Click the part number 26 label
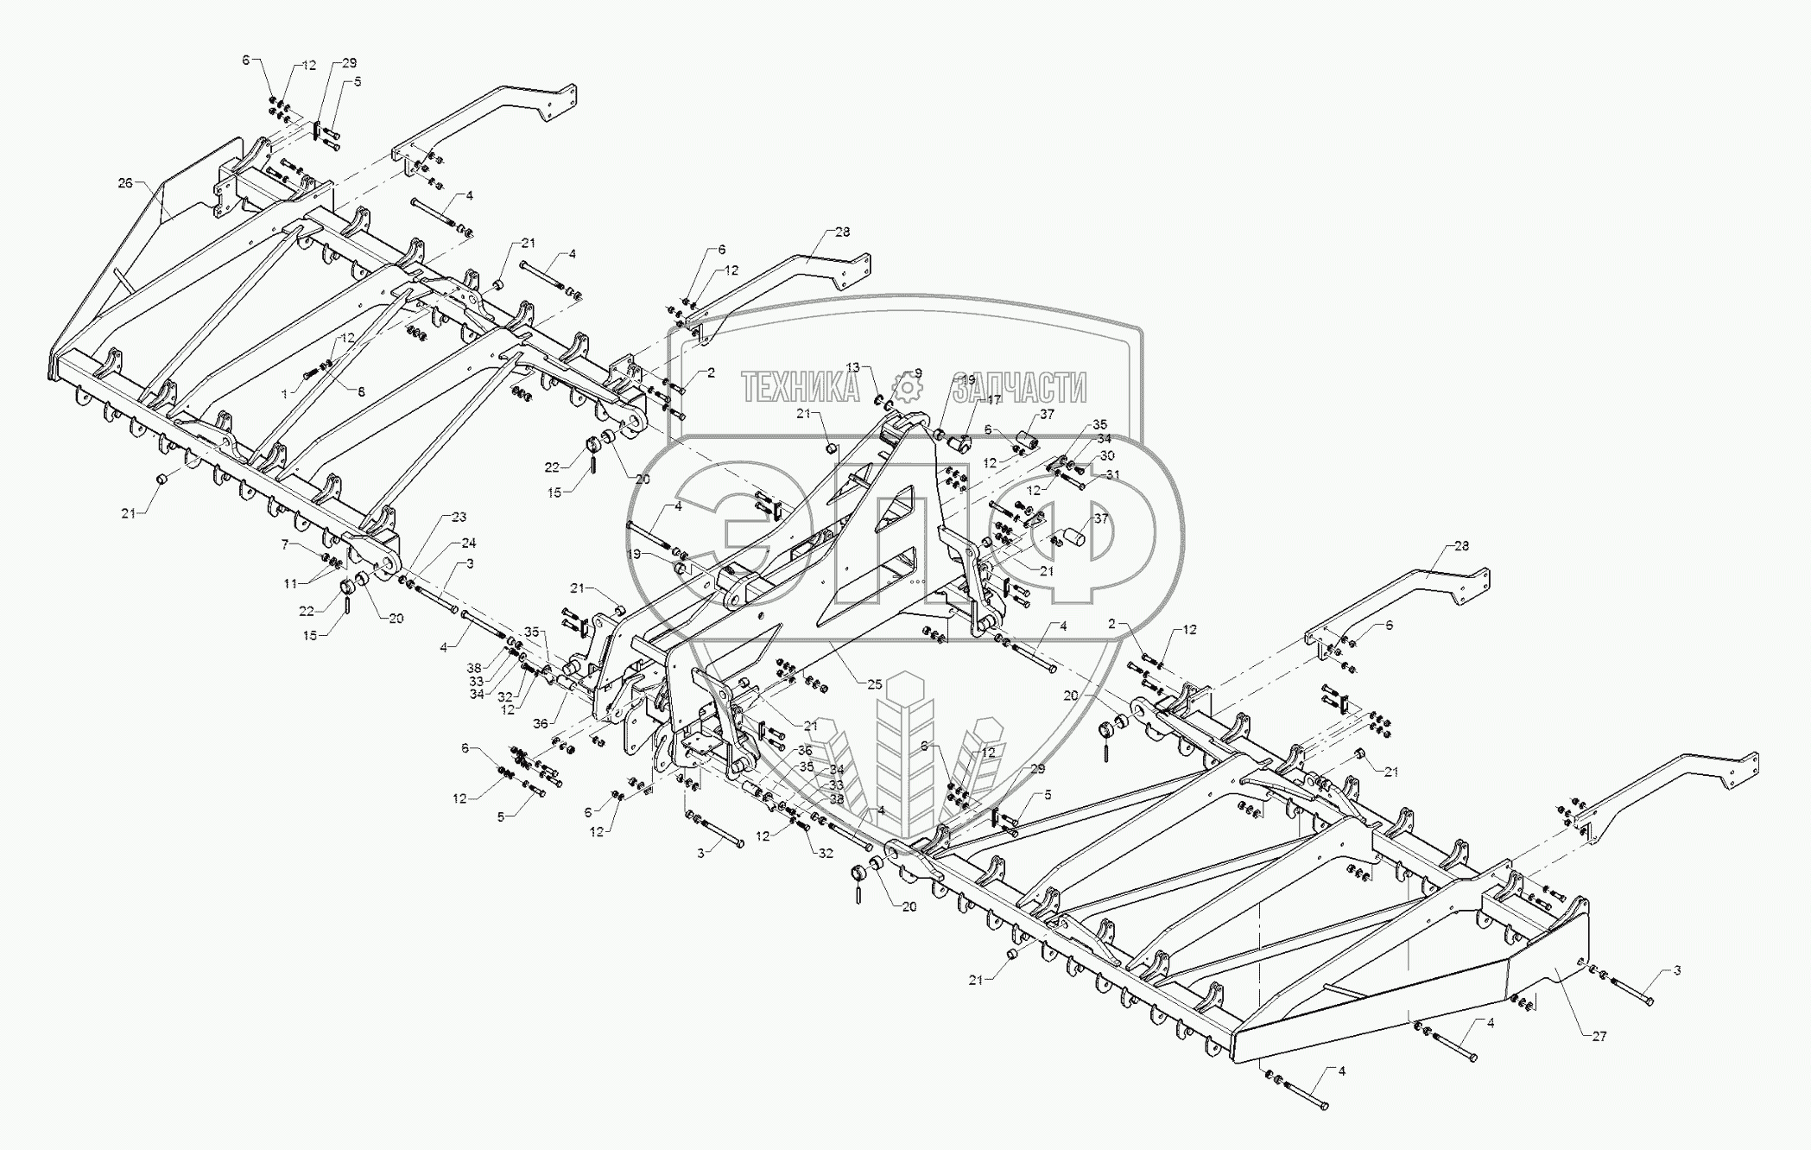126,183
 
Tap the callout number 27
1599,1036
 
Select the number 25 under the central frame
874,684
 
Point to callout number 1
284,394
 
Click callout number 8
361,392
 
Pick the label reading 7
284,544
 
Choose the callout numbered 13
853,367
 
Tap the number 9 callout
918,372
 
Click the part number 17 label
993,400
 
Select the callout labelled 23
459,518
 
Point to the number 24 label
468,543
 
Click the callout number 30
1106,456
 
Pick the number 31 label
1112,474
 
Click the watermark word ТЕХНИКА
800,389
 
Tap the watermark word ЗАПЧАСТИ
1019,389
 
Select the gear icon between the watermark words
907,389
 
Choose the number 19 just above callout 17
966,380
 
